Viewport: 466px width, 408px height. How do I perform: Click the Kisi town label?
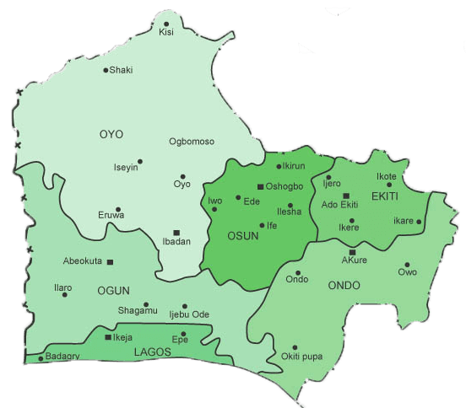click(165, 33)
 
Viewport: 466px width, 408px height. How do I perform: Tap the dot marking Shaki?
click(106, 70)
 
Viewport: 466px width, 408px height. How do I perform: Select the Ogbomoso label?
click(192, 142)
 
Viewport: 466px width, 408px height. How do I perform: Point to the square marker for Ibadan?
click(176, 232)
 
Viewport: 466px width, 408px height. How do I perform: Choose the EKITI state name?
click(384, 196)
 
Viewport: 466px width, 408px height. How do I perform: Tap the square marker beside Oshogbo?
click(260, 186)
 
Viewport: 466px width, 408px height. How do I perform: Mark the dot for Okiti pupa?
click(295, 347)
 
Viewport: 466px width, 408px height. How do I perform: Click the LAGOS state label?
click(152, 352)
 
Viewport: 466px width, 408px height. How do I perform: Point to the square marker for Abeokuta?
click(110, 261)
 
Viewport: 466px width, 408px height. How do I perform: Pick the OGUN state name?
click(113, 291)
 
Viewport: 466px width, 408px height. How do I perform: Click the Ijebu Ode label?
click(189, 315)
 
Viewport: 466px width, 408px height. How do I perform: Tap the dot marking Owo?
click(407, 264)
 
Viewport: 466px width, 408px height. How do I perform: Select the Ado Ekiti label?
click(340, 205)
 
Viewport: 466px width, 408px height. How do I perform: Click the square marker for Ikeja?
click(107, 337)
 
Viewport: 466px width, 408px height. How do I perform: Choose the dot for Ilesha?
click(290, 206)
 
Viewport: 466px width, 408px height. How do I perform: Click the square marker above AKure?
click(353, 252)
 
